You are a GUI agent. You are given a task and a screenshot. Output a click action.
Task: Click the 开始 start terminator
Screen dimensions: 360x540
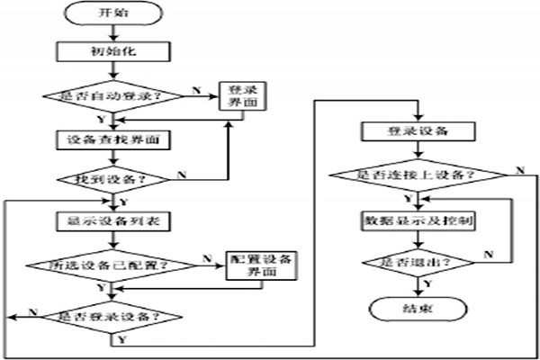pos(112,16)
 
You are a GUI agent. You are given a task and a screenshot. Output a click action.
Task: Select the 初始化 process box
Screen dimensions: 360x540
pos(112,52)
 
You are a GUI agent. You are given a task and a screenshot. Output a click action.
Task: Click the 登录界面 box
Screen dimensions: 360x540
pos(239,97)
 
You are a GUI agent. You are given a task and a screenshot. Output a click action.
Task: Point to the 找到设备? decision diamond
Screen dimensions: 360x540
pos(112,178)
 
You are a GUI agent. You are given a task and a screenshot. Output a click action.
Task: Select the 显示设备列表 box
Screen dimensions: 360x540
pos(112,220)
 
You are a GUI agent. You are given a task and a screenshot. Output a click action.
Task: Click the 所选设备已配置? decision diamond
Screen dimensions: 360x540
pos(112,265)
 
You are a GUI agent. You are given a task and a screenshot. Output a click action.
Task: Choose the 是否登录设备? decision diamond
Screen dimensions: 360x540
pos(112,316)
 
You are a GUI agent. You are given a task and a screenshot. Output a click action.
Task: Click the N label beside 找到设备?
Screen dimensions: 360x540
pos(183,173)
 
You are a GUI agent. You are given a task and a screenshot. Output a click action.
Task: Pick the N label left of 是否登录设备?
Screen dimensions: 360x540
pos(33,310)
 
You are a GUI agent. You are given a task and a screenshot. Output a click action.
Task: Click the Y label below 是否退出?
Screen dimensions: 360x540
pos(427,283)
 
